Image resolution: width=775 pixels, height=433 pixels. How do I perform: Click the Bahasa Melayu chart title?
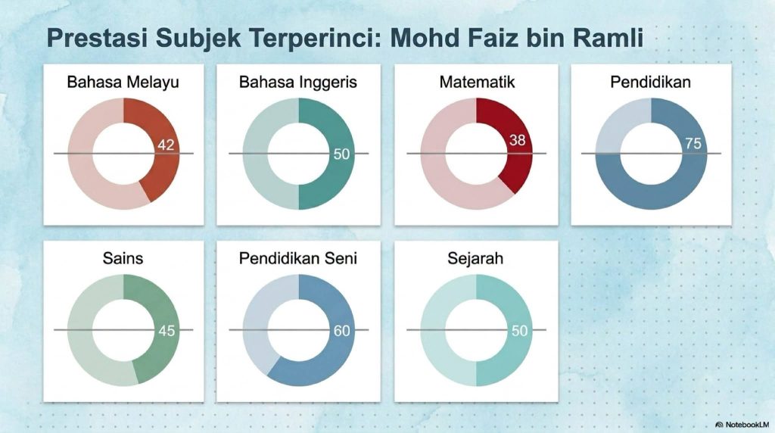coord(123,82)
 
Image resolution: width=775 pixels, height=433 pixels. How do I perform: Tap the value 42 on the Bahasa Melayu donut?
coord(166,145)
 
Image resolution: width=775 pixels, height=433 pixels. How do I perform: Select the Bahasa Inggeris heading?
coord(298,82)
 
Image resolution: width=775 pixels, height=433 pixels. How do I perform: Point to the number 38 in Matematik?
coord(517,140)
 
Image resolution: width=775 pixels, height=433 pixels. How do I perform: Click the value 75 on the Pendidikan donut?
coord(693,143)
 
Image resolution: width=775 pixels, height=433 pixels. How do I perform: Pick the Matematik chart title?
coord(477,82)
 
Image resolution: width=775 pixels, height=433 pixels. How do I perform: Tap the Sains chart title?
coord(123,258)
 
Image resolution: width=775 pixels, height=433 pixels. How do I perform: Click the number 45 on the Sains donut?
coord(167,331)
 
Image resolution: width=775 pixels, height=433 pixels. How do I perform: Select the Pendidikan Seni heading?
coord(298,258)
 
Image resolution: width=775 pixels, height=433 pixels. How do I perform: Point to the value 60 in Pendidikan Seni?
coord(341,331)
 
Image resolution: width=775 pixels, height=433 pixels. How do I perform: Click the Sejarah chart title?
coord(475,258)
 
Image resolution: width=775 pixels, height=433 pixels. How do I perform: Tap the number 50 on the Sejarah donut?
coord(519,331)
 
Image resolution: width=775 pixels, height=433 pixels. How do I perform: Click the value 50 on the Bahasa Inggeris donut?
coord(341,154)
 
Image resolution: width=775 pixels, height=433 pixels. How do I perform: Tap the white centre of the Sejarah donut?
coord(477,330)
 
